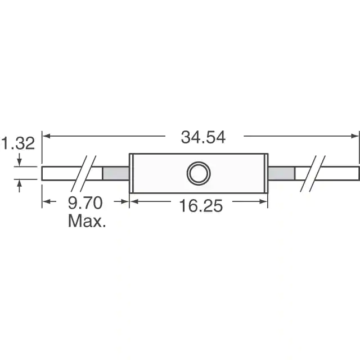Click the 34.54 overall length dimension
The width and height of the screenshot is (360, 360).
[x=203, y=137]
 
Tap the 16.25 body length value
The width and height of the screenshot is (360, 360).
[x=201, y=206]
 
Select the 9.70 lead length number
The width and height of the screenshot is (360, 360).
[x=85, y=202]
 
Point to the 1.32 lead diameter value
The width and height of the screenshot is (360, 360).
[x=18, y=143]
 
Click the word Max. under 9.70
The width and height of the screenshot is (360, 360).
[x=87, y=221]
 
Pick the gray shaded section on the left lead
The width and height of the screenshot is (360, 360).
[x=116, y=173]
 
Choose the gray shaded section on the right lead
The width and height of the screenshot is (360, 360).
[x=281, y=173]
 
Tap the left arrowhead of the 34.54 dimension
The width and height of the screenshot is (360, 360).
[x=46, y=136]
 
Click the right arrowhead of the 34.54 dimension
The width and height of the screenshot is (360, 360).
[x=355, y=136]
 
